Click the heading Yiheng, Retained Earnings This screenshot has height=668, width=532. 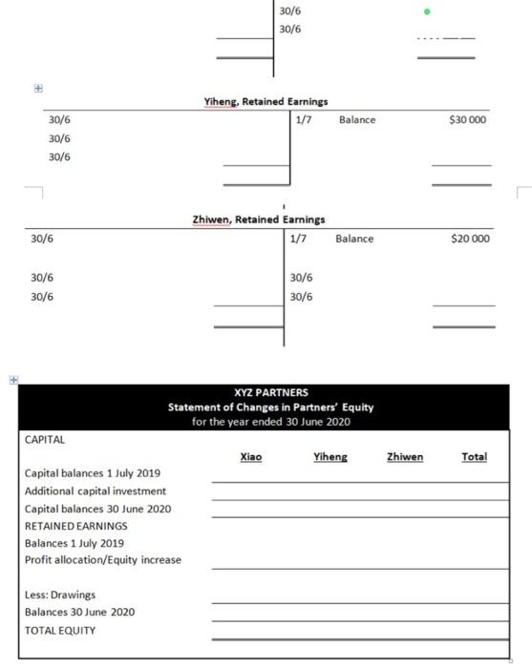coord(266,101)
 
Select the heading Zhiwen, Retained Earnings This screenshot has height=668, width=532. coord(258,219)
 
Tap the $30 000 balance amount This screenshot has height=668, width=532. coord(468,120)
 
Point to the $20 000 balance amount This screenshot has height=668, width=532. coord(469,239)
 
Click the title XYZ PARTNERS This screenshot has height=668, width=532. coord(270,392)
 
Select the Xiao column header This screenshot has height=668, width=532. coord(251,458)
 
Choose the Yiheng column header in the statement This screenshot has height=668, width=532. coord(330,458)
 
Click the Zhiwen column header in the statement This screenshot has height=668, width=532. coord(405,458)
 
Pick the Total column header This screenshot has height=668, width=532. coord(474,458)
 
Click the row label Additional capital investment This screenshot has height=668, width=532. coord(96,491)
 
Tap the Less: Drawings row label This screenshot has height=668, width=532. coord(60,595)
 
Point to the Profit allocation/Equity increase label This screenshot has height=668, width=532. coord(102,560)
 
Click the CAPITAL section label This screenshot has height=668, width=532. coord(45,440)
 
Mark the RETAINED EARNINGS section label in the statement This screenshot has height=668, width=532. coord(75,526)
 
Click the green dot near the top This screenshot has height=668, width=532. coord(427,12)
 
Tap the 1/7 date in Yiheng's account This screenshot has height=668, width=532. coord(304,120)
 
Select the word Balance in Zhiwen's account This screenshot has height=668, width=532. coord(354,239)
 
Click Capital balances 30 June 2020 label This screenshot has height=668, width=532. coord(97,509)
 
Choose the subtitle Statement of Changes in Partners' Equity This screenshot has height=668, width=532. coord(270,407)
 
